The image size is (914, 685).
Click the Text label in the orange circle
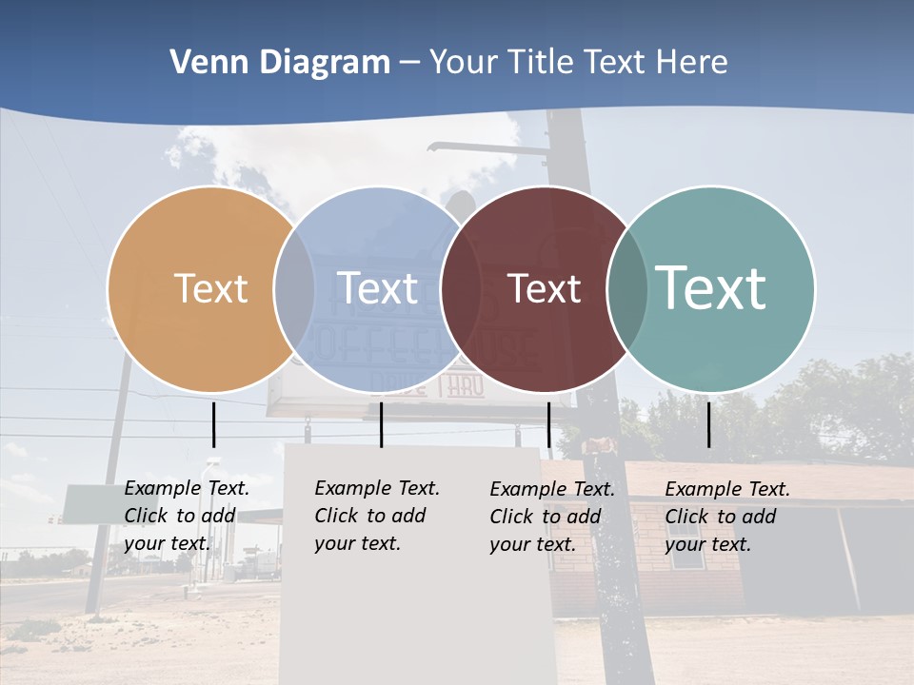point(210,288)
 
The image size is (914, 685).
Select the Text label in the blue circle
point(377,288)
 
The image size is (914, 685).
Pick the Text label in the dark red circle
point(544,288)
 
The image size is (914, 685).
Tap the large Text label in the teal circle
point(711,288)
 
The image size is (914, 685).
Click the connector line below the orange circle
point(213,424)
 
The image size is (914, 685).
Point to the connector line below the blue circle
point(381,424)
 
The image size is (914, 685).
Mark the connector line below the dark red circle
point(548,424)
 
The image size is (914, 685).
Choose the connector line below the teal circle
point(709,424)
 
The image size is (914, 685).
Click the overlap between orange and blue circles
point(294,288)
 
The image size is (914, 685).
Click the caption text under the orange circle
point(187,516)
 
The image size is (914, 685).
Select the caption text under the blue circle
point(377,516)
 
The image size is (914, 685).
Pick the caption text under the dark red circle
point(552,517)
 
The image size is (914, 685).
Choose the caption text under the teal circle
point(727,517)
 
